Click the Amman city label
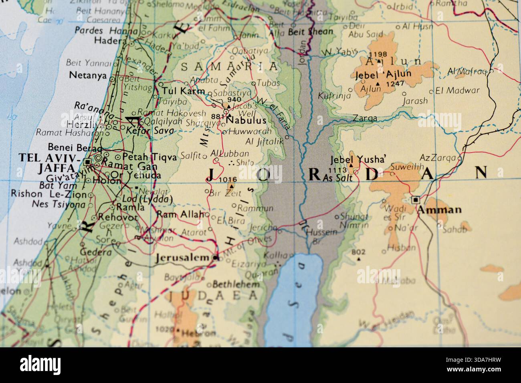pyautogui.click(x=439, y=210)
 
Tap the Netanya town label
pyautogui.click(x=88, y=75)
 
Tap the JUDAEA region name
pyautogui.click(x=212, y=296)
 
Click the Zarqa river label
pyautogui.click(x=365, y=118)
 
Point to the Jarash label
pyautogui.click(x=415, y=101)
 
